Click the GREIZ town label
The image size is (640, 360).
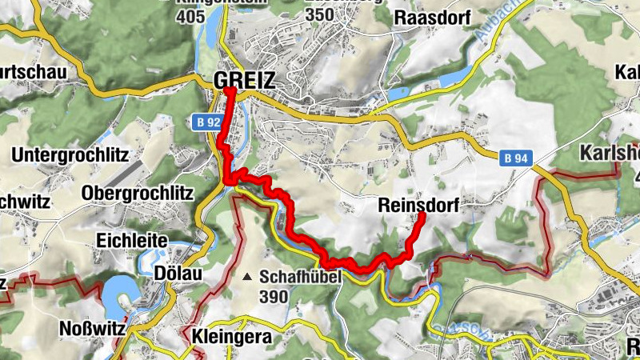click(244, 80)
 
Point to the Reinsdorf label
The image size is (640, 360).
click(418, 206)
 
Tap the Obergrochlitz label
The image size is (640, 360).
click(138, 193)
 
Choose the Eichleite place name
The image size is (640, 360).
click(131, 240)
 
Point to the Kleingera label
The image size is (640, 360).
click(233, 336)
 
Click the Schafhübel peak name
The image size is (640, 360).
click(300, 277)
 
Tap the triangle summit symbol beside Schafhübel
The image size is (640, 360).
click(248, 278)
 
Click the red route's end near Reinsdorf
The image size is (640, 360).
click(422, 216)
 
